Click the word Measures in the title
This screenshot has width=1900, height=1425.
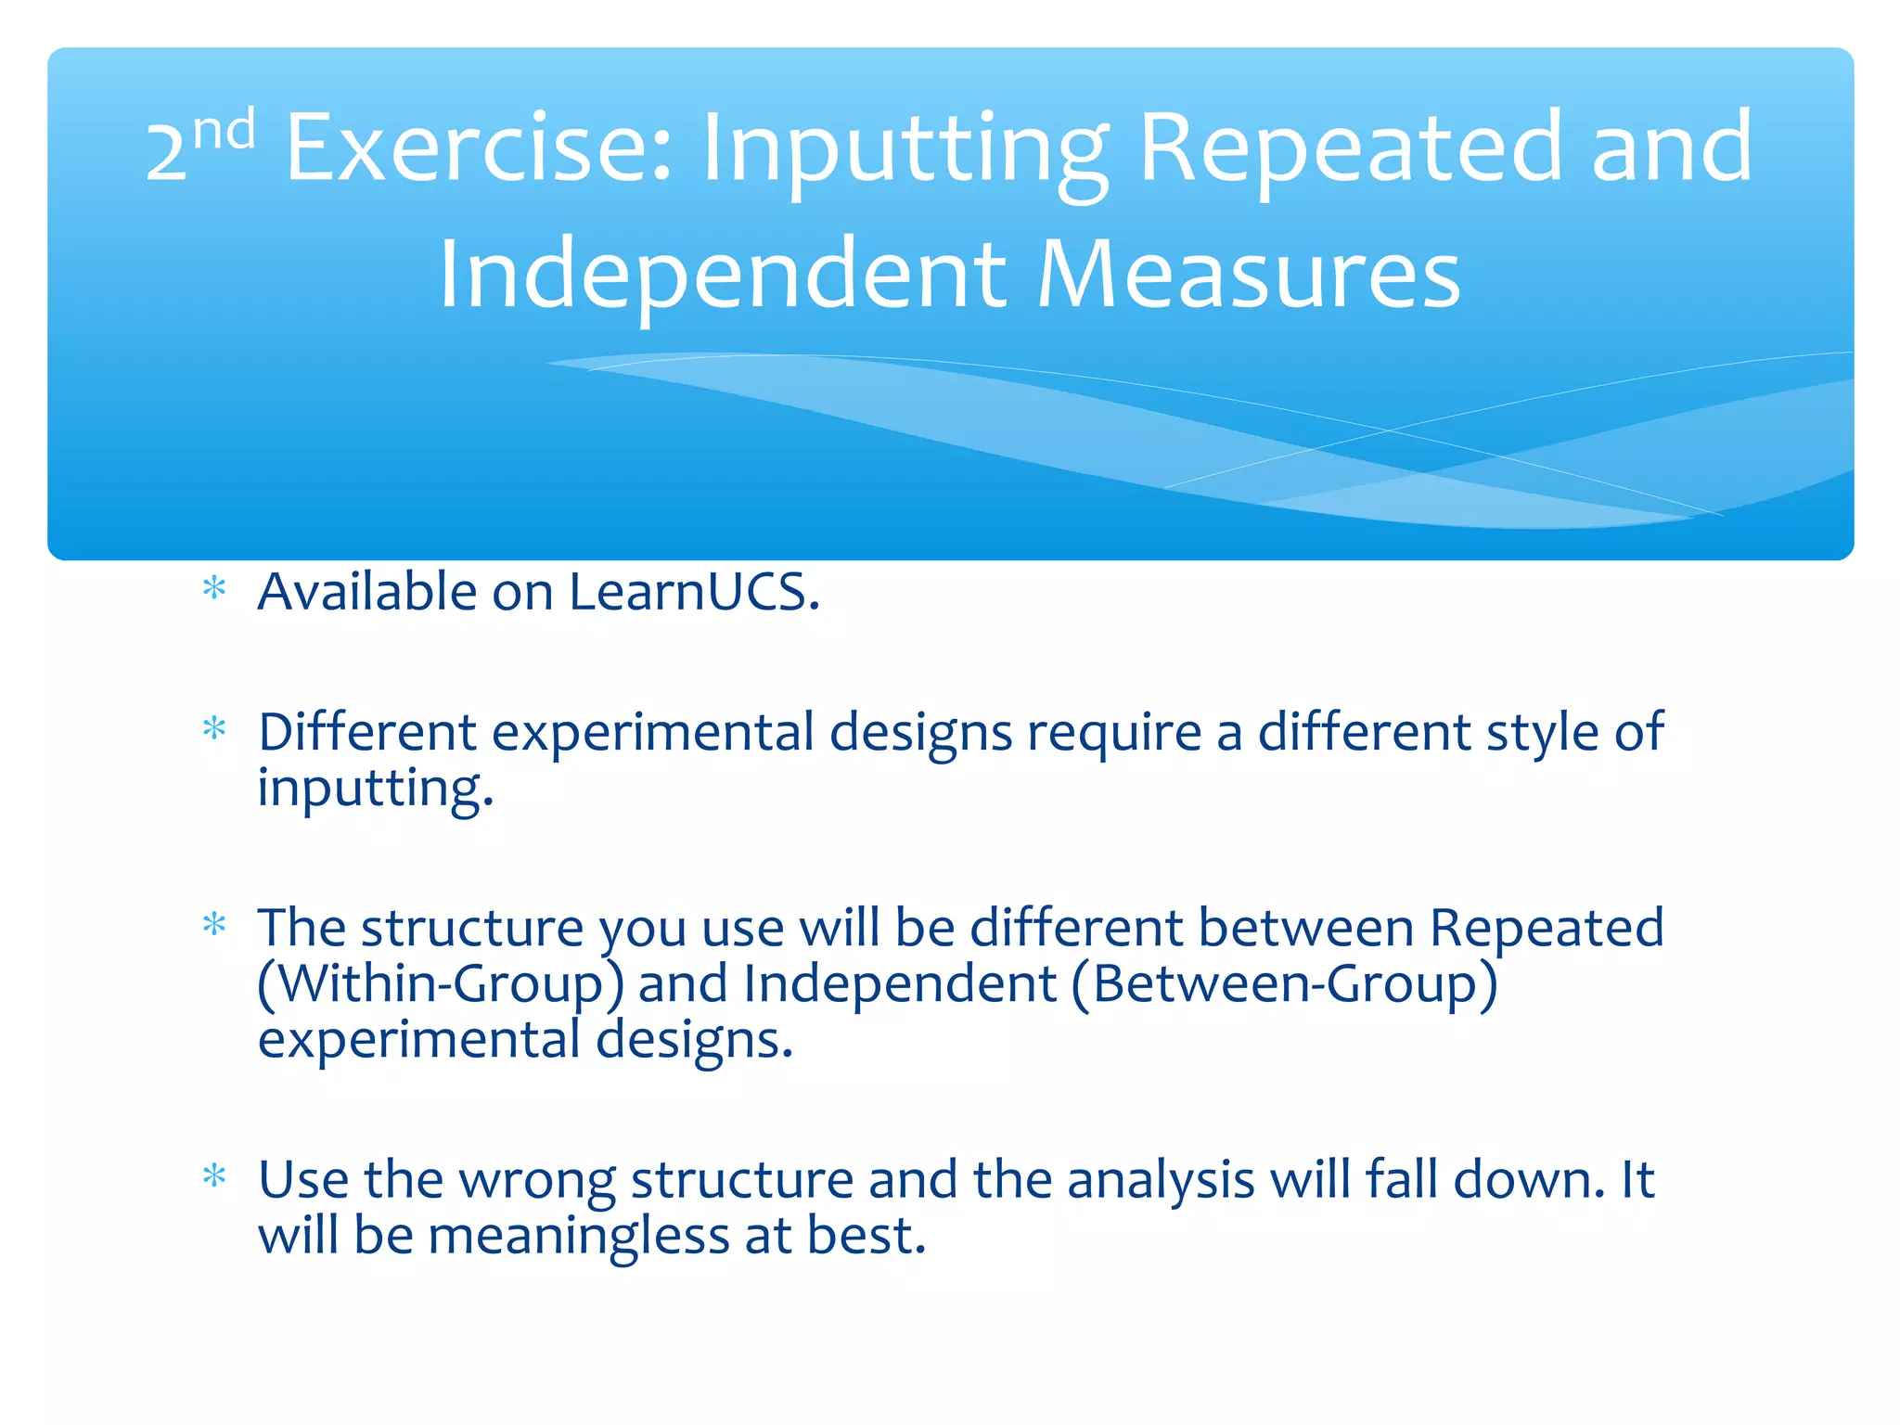pyautogui.click(x=1248, y=275)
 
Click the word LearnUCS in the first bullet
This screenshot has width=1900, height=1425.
pyautogui.click(x=694, y=592)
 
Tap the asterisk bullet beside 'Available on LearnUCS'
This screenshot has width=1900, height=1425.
pyautogui.click(x=214, y=588)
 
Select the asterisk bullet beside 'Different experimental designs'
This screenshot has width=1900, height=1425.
pyautogui.click(x=214, y=729)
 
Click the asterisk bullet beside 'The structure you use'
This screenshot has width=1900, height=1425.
pyautogui.click(x=214, y=924)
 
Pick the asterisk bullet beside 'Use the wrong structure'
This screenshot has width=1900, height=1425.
pyautogui.click(x=214, y=1176)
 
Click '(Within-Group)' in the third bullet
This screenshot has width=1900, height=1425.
pyautogui.click(x=441, y=984)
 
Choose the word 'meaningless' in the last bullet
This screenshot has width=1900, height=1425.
pyautogui.click(x=578, y=1238)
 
